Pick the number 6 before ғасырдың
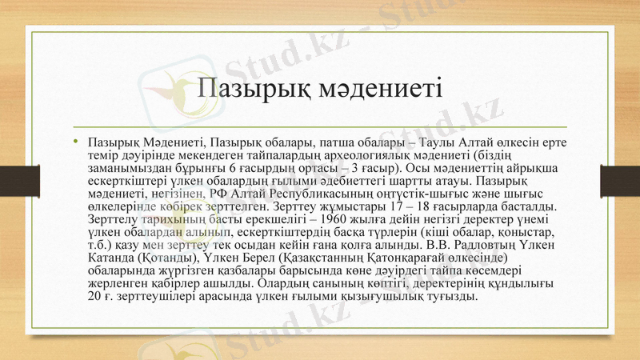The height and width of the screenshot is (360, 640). [x=231, y=169]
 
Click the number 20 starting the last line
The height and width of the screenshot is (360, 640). [x=94, y=297]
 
